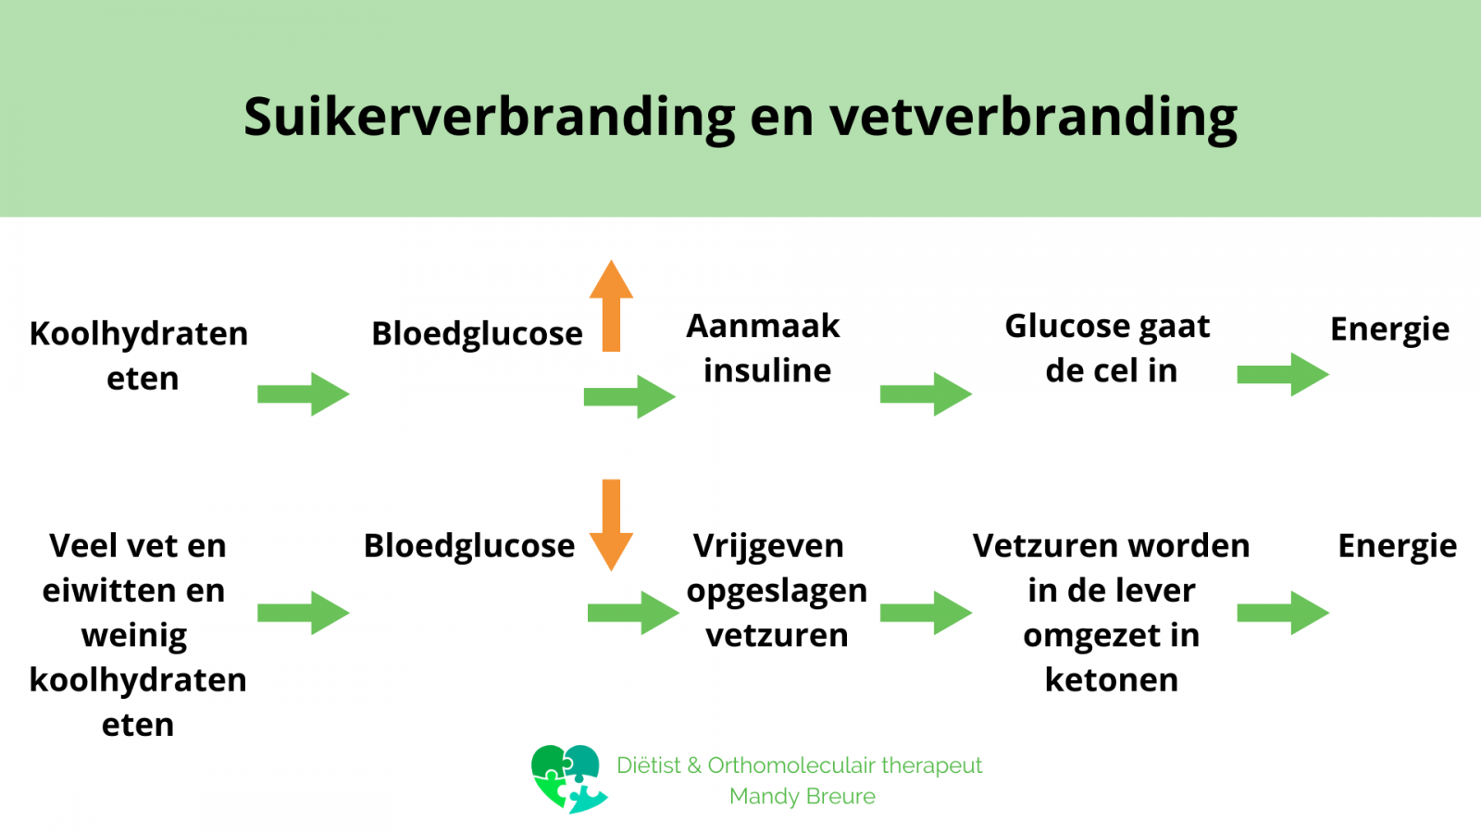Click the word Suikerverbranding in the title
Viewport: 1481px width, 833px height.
pos(490,118)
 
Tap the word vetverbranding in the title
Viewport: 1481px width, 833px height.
pos(1033,118)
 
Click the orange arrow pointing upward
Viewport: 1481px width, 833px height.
pos(611,305)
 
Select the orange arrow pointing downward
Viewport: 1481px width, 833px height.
pos(611,525)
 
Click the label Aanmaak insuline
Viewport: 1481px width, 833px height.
pos(764,348)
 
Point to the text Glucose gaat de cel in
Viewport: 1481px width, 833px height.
pos(1108,348)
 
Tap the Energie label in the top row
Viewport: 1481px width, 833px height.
pos(1389,329)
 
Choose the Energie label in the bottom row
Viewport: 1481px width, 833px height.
pos(1397,547)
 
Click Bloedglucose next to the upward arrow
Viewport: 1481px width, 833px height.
pos(477,334)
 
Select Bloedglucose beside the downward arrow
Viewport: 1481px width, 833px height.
pos(468,547)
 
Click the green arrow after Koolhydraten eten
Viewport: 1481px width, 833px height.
pos(304,394)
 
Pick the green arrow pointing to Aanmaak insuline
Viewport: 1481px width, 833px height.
pos(629,397)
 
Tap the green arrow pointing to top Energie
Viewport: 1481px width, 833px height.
pos(1283,374)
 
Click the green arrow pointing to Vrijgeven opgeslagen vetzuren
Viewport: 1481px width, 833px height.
pos(633,614)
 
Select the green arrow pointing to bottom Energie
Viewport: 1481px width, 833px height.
pos(1283,614)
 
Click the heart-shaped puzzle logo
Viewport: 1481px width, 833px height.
pos(568,778)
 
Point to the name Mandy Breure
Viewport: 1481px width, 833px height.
pos(802,797)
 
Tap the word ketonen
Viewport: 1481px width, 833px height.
pos(1112,679)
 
